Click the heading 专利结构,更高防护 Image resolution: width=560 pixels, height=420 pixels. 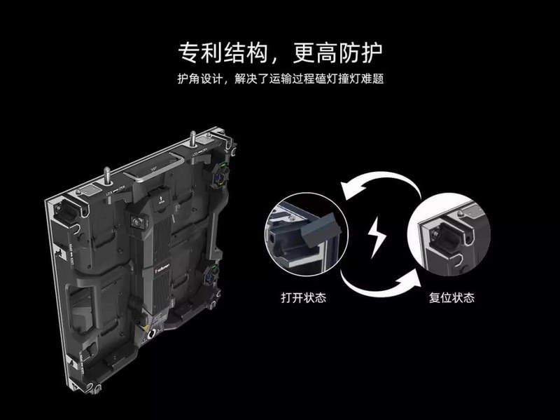280,53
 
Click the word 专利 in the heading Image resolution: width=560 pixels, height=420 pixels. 199,53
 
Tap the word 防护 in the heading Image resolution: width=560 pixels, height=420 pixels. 360,53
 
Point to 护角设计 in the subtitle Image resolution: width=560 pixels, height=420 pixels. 200,79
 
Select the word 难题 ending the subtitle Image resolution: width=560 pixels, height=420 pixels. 372,79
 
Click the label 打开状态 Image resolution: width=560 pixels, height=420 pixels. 303,298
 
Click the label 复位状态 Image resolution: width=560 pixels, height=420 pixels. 451,298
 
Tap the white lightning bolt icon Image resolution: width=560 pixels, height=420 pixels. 377,236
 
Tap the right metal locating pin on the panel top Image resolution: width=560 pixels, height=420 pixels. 192,140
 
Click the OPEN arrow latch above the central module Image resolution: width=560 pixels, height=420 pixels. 160,198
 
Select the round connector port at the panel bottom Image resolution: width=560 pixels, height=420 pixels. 152,335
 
